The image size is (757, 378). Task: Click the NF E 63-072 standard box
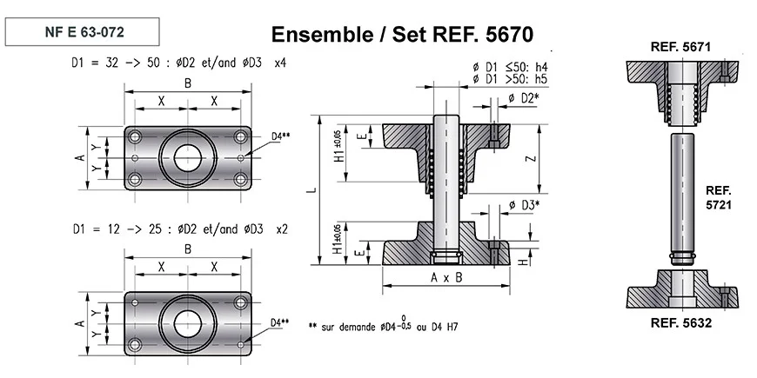point(82,31)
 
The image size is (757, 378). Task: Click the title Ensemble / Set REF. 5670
point(402,35)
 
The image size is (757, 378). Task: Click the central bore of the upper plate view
point(187,158)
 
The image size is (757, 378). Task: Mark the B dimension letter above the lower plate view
point(187,249)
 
